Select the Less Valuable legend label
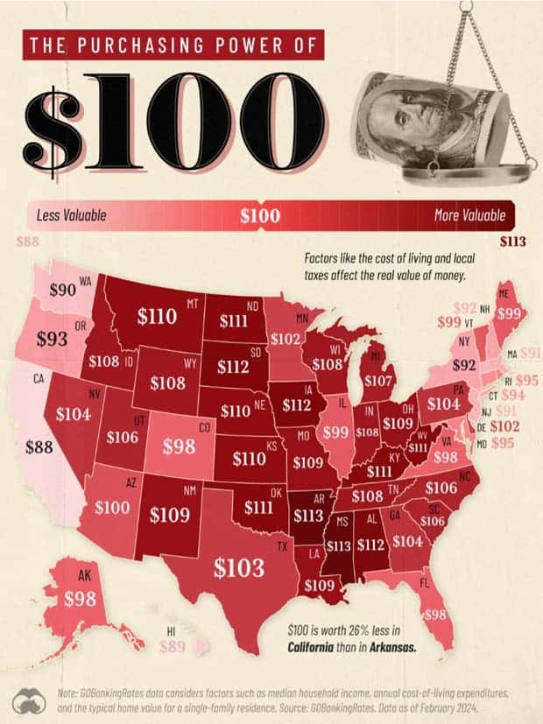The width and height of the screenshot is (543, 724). [73, 214]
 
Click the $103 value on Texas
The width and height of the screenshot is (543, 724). [238, 567]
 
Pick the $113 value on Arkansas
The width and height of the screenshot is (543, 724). [308, 515]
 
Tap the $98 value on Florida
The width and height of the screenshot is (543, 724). [434, 615]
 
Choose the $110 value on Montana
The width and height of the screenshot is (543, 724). [158, 317]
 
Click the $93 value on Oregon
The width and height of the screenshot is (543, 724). [52, 338]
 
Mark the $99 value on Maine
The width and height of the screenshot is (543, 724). [510, 313]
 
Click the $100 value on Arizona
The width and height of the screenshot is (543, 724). [113, 507]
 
